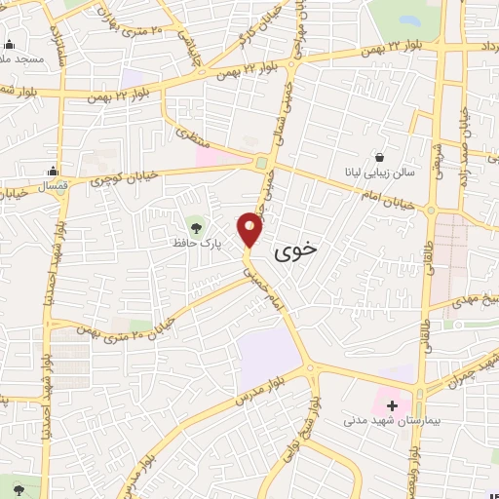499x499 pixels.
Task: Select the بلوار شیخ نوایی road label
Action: coord(317,426)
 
